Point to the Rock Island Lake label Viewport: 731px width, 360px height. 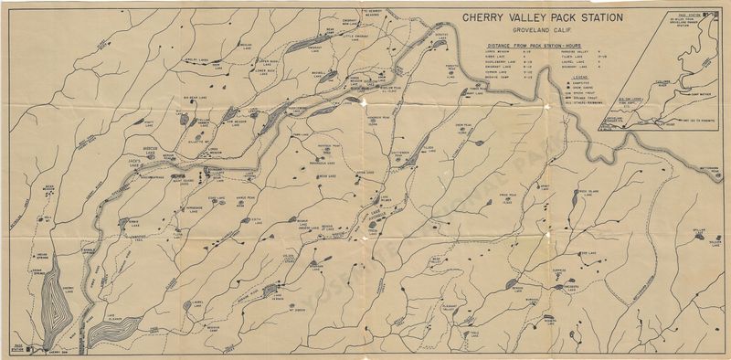(585, 192)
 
